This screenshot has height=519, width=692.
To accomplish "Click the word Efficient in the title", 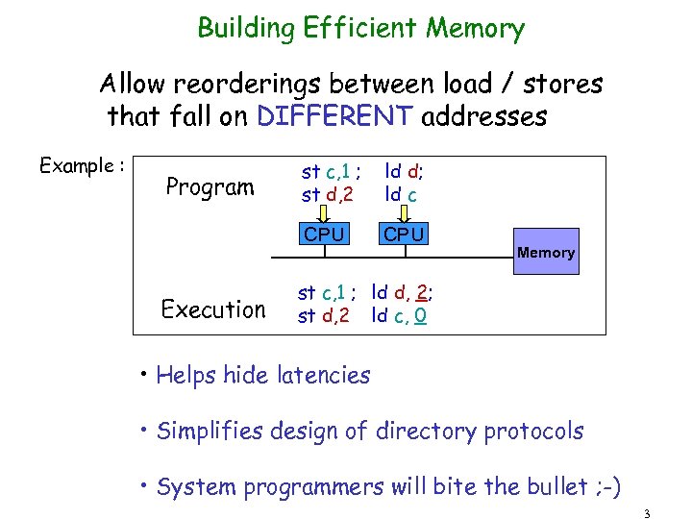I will [x=361, y=28].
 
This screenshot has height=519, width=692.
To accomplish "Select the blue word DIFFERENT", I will [x=335, y=117].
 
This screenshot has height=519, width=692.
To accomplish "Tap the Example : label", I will [x=82, y=165].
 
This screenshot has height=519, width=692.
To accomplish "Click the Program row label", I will [x=210, y=185].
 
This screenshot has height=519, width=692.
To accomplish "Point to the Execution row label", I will [x=213, y=309].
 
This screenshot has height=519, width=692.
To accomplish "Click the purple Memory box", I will [x=546, y=252].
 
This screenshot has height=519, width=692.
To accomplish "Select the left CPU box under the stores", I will [x=324, y=234].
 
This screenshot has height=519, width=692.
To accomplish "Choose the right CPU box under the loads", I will [x=404, y=234].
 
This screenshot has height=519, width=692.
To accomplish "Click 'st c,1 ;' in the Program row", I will [x=331, y=172].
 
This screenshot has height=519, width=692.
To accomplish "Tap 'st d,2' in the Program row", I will [x=328, y=195].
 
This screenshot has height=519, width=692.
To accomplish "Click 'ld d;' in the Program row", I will [x=405, y=172].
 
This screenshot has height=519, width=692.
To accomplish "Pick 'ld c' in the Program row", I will [x=401, y=195].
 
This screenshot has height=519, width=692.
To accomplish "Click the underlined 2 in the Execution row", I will [x=422, y=291].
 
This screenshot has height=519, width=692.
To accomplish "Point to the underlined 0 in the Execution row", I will [x=421, y=314].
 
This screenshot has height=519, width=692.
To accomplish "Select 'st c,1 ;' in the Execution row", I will [x=328, y=291].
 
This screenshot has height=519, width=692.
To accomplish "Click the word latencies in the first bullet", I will [x=322, y=375].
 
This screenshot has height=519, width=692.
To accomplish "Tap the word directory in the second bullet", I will [x=424, y=431].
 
